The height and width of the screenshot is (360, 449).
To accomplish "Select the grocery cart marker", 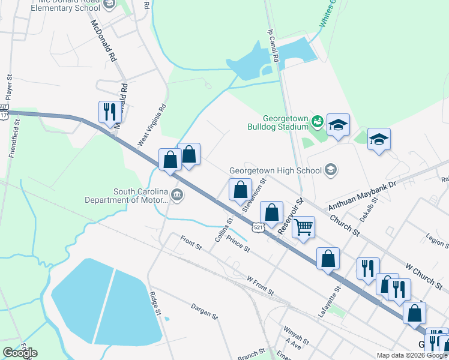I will pos(304,227).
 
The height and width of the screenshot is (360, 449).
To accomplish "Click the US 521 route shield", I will pos(258,227).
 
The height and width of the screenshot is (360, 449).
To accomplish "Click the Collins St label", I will pos(224,230).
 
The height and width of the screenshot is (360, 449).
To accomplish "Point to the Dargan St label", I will pos(203,309).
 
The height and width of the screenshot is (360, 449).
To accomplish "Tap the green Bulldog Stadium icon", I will pos(317,123).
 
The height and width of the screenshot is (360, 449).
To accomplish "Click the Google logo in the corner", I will pos(20,353).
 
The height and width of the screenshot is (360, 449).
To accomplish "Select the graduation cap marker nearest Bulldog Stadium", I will pos(338,125).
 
